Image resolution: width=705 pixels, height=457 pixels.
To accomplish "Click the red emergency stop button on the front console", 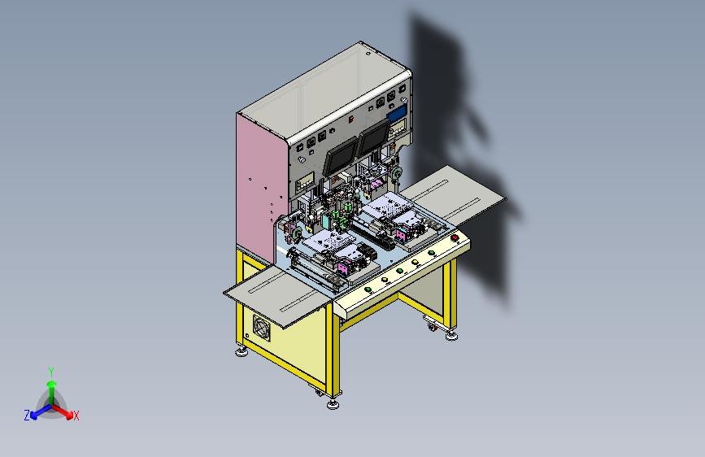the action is tap(455, 237).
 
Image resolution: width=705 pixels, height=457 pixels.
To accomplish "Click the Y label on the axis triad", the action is tap(51, 372).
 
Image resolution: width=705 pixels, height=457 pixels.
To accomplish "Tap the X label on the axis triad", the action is tap(76, 416).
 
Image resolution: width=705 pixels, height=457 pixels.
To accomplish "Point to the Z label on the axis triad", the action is tap(27, 416).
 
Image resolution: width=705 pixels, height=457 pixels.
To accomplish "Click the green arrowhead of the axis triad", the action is tap(52, 384).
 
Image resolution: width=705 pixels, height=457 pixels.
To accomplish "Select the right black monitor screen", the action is tap(374, 137).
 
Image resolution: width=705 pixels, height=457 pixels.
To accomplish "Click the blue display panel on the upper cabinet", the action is tap(397, 113).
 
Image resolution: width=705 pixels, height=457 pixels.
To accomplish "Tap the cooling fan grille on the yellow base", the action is tap(262, 328).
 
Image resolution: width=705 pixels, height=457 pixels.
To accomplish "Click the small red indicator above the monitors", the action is tap(351, 120).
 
